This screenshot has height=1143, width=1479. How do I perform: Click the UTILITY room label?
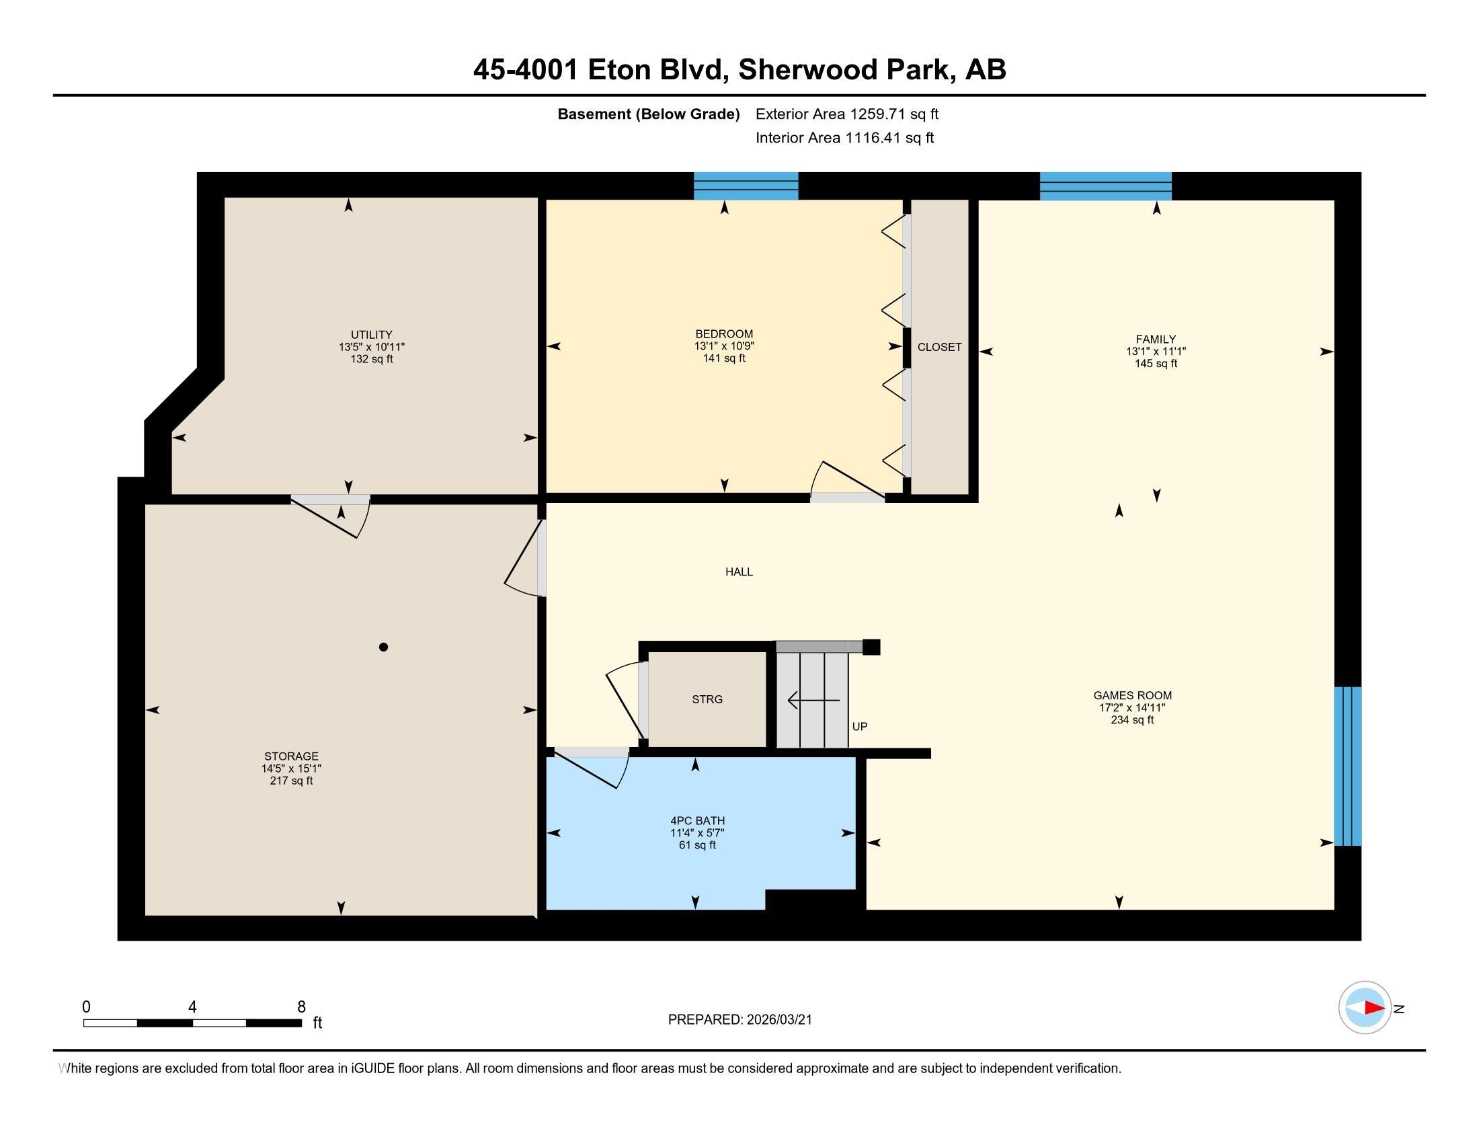(x=371, y=335)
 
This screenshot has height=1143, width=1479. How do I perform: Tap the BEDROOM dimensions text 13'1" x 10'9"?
(x=724, y=346)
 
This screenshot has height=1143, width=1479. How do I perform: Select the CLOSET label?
(x=939, y=347)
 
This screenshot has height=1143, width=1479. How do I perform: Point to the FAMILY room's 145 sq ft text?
(x=1156, y=364)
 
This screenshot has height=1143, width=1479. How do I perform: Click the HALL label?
(x=739, y=571)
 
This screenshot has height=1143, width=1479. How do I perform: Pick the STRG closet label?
(x=707, y=699)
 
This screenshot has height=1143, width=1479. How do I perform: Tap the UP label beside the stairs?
(x=859, y=727)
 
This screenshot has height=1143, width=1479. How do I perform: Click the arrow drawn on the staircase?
(x=813, y=700)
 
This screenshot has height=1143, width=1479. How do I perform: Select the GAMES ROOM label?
(x=1132, y=695)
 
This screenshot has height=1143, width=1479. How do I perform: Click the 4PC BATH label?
(x=698, y=821)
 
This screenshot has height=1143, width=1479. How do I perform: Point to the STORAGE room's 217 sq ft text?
(x=291, y=781)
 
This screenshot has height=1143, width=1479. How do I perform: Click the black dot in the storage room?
(x=383, y=647)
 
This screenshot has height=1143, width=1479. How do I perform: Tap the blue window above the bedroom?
(x=746, y=186)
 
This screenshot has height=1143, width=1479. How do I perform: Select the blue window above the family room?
(x=1105, y=186)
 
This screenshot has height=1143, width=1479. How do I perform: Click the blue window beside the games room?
(x=1347, y=766)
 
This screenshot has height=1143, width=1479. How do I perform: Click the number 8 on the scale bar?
(x=301, y=1007)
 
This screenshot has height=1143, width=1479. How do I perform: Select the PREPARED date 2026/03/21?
(x=778, y=1020)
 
